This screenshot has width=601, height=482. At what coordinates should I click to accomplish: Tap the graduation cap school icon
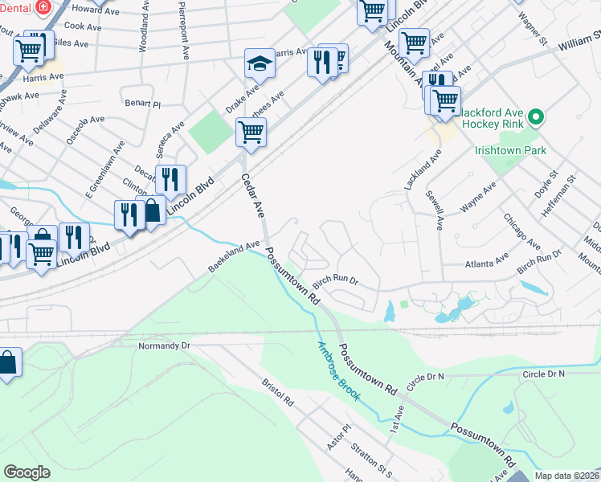point(260,63)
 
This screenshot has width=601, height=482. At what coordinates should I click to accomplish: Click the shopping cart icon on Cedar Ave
point(251,132)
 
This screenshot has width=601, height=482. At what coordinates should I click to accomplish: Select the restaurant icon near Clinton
point(170,178)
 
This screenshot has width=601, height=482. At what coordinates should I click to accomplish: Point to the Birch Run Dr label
point(335,281)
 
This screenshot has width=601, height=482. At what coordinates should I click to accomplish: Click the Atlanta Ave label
point(488,262)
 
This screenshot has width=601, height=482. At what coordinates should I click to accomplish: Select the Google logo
point(27,472)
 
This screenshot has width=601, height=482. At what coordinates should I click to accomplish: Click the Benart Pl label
point(143,104)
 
